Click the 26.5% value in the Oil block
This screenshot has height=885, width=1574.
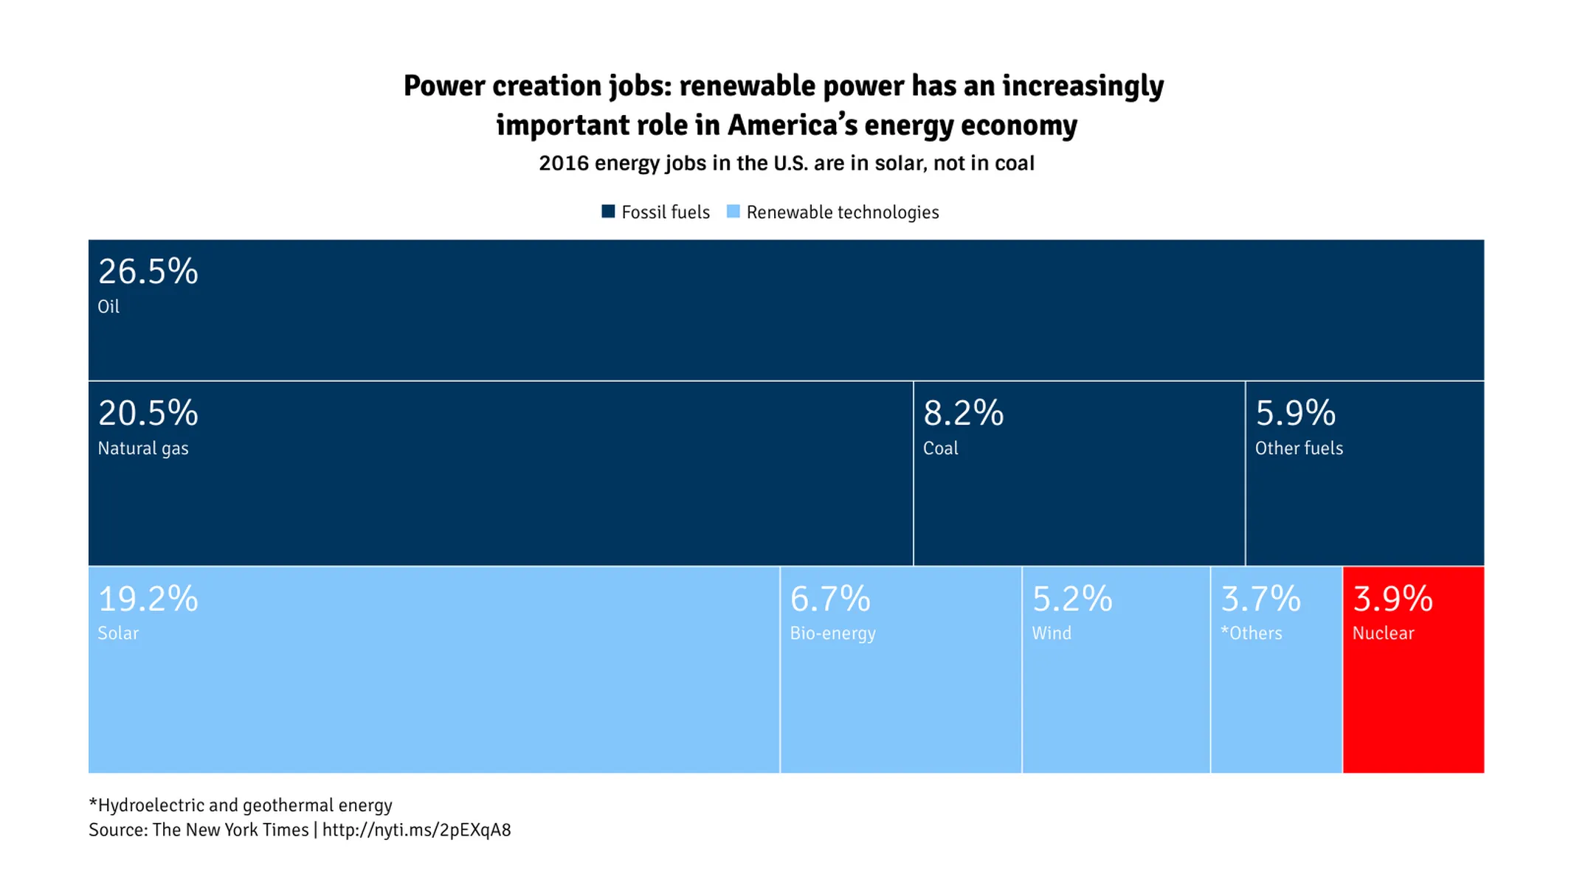[148, 271]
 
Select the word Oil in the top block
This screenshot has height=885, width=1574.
[108, 307]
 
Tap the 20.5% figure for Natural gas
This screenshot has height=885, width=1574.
[148, 413]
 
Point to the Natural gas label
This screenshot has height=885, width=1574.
[143, 448]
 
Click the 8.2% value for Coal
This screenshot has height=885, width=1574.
[963, 413]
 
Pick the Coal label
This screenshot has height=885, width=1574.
[940, 448]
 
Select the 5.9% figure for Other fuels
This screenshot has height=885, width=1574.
[1295, 413]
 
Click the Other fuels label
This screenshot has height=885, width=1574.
[1299, 448]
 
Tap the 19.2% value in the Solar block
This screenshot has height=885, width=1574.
[148, 599]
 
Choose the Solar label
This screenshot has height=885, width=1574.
[118, 634]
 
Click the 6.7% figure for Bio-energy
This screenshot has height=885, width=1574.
[830, 599]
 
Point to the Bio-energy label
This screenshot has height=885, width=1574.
[832, 634]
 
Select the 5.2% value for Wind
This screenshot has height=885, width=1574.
[1071, 599]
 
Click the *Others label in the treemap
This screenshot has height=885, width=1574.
[1251, 634]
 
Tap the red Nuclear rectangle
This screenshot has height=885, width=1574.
[1413, 708]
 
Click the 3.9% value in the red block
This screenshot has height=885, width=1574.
[1392, 599]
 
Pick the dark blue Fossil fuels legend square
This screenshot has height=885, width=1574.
[608, 212]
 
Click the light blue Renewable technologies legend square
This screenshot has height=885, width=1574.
[733, 212]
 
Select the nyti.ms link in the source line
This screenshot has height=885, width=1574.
[416, 830]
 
